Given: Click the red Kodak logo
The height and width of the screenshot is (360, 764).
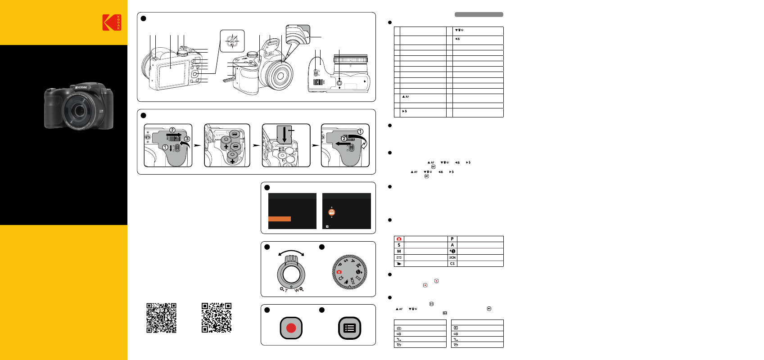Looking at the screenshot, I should coord(112,22).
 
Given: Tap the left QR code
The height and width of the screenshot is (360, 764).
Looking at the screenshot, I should coord(161,318).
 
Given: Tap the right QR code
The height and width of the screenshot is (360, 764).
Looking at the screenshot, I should coord(217,318).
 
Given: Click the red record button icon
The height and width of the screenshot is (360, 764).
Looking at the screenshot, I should coord(291,328).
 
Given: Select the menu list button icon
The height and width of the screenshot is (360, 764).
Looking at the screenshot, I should coord(349,328).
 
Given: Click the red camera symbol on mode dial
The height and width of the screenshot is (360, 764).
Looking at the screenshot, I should coord(339,272).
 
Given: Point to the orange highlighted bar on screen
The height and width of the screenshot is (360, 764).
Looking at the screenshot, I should coord(280,219).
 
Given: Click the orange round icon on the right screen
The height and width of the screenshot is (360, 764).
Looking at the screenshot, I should coord(332,212).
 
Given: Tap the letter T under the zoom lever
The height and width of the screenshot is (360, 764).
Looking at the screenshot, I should coord(286,290).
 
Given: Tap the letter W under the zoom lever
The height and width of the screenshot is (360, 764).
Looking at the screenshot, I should coord(297,290).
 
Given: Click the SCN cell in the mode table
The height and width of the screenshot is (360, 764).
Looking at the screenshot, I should coord(452,258).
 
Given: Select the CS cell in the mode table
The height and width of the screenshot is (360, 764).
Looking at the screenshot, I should coord(452,264).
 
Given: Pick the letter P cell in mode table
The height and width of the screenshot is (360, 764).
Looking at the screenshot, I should coord(452,239).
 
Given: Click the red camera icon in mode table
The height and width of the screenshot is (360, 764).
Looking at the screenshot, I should coord(399,239).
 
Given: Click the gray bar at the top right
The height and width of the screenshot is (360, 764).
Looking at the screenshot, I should coord(479,14).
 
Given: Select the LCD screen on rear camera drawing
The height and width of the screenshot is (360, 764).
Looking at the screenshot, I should coord(172,72).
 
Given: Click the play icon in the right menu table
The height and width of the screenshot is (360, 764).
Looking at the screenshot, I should coord(456,328).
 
